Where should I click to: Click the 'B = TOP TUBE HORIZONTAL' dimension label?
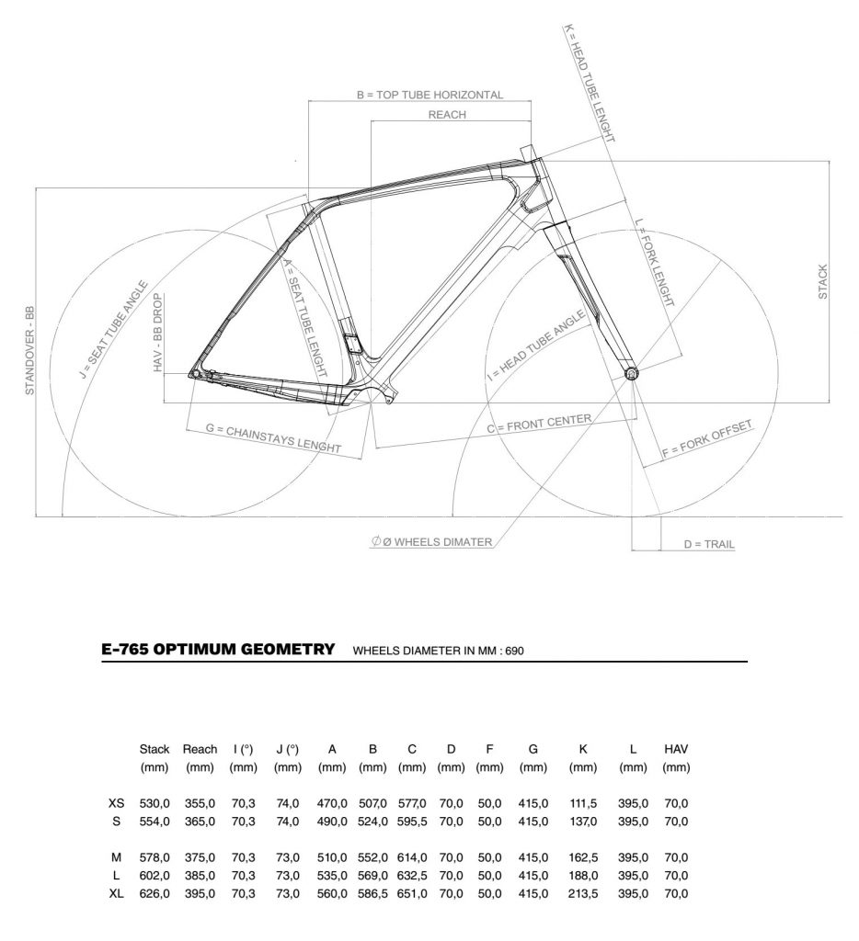pyautogui.click(x=429, y=95)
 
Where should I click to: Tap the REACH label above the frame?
pyautogui.click(x=447, y=115)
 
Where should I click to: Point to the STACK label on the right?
pyautogui.click(x=822, y=281)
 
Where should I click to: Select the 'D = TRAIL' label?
pyautogui.click(x=709, y=544)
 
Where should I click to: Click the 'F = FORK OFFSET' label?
pyautogui.click(x=707, y=440)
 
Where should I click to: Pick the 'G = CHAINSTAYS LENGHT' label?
pyautogui.click(x=273, y=437)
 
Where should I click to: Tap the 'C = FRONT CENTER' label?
pyautogui.click(x=539, y=424)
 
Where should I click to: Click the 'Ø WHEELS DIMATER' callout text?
pyautogui.click(x=437, y=542)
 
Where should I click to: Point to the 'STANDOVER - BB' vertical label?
pyautogui.click(x=29, y=351)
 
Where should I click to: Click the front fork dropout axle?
pyautogui.click(x=631, y=374)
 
